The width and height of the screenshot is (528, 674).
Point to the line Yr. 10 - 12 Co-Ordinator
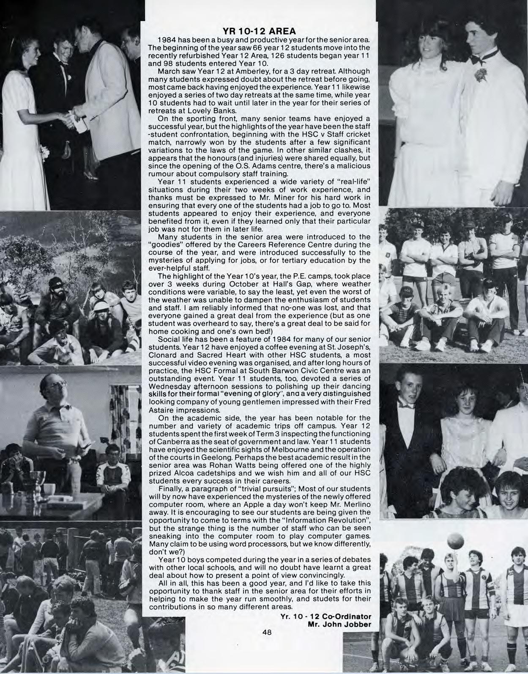pos(326,616)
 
